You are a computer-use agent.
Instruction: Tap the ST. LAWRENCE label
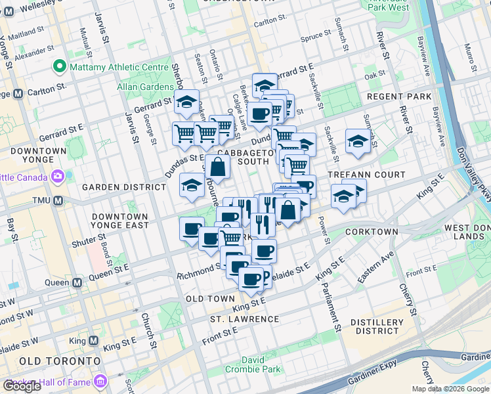tap(245, 319)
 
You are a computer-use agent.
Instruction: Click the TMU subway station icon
tap(58, 200)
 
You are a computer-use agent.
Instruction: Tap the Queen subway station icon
tap(77, 283)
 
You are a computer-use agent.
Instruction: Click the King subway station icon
tap(93, 341)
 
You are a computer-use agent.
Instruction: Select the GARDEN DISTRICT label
tap(123, 187)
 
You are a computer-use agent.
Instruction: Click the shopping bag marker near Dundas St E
tap(218, 168)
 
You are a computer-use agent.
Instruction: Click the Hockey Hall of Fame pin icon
tap(100, 381)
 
